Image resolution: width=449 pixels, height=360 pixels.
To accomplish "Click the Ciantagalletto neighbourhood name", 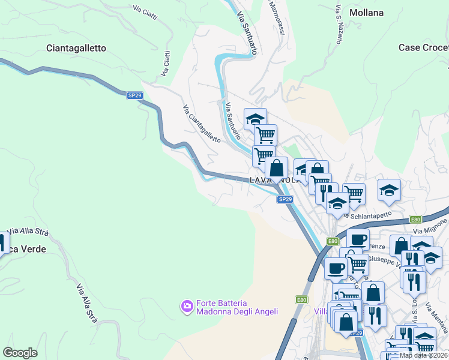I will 76,48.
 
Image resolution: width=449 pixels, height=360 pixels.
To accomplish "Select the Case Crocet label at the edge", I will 423,47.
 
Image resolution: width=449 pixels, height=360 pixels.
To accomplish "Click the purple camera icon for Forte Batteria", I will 187,307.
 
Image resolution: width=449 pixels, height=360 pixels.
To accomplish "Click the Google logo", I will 20,352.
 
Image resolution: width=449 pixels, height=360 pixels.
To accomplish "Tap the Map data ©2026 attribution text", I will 423,355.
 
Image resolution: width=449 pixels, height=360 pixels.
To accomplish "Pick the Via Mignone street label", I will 430,226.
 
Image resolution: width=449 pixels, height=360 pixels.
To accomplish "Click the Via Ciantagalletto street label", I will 201,124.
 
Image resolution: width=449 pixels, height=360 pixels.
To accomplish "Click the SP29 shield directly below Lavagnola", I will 285,200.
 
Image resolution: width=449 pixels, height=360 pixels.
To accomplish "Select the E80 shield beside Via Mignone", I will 416,220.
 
